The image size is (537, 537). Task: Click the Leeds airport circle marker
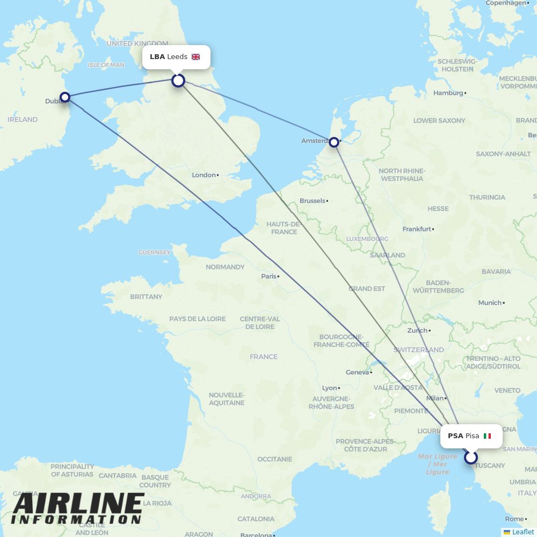[178, 81]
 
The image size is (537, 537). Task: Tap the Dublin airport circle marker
[65, 97]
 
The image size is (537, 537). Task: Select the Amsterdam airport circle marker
[334, 142]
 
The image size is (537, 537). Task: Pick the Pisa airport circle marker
[471, 458]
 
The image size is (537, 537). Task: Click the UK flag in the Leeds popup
[195, 57]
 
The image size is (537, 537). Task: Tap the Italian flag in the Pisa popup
[487, 436]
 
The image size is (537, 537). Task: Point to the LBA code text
[157, 57]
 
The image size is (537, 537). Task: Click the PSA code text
[455, 436]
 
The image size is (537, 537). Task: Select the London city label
[204, 175]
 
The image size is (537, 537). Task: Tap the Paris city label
[268, 277]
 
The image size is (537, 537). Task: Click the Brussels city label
[313, 201]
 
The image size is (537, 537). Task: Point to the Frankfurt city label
[417, 229]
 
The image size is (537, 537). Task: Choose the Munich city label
[489, 303]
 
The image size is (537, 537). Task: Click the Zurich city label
[417, 331]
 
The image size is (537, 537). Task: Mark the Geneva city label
[357, 372]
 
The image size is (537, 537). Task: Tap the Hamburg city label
[448, 93]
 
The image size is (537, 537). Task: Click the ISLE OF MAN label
[106, 65]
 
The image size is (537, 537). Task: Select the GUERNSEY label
[154, 252]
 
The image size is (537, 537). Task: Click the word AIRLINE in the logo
[78, 503]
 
